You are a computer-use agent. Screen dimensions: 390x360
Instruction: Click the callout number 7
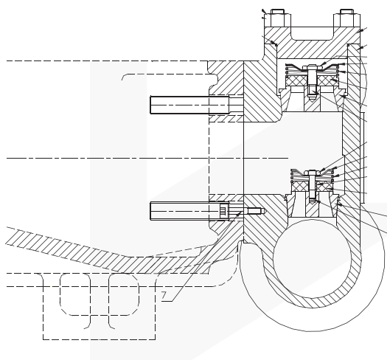[x=164, y=295]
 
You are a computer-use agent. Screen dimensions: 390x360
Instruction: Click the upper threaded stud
[x=189, y=105]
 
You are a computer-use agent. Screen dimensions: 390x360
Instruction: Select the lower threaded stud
[x=189, y=211]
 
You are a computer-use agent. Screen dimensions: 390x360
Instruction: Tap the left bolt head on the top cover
[x=278, y=18]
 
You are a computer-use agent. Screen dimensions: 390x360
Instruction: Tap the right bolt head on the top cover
[x=347, y=18]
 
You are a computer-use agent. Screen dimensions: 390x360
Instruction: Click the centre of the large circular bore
[x=312, y=258]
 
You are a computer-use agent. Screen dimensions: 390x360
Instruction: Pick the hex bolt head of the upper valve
[x=312, y=67]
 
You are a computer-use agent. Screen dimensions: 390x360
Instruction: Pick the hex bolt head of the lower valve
[x=312, y=173]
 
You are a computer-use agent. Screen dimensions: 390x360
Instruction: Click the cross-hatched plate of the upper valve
[x=312, y=81]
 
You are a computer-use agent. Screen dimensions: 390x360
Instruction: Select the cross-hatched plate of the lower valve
[x=312, y=186]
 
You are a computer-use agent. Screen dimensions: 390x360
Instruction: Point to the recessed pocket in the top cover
[x=312, y=33]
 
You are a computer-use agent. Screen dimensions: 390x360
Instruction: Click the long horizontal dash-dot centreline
[x=147, y=158]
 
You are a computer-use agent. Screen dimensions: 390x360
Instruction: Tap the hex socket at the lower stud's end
[x=224, y=211]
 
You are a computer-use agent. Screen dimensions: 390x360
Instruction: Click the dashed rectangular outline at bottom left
[x=100, y=307]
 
